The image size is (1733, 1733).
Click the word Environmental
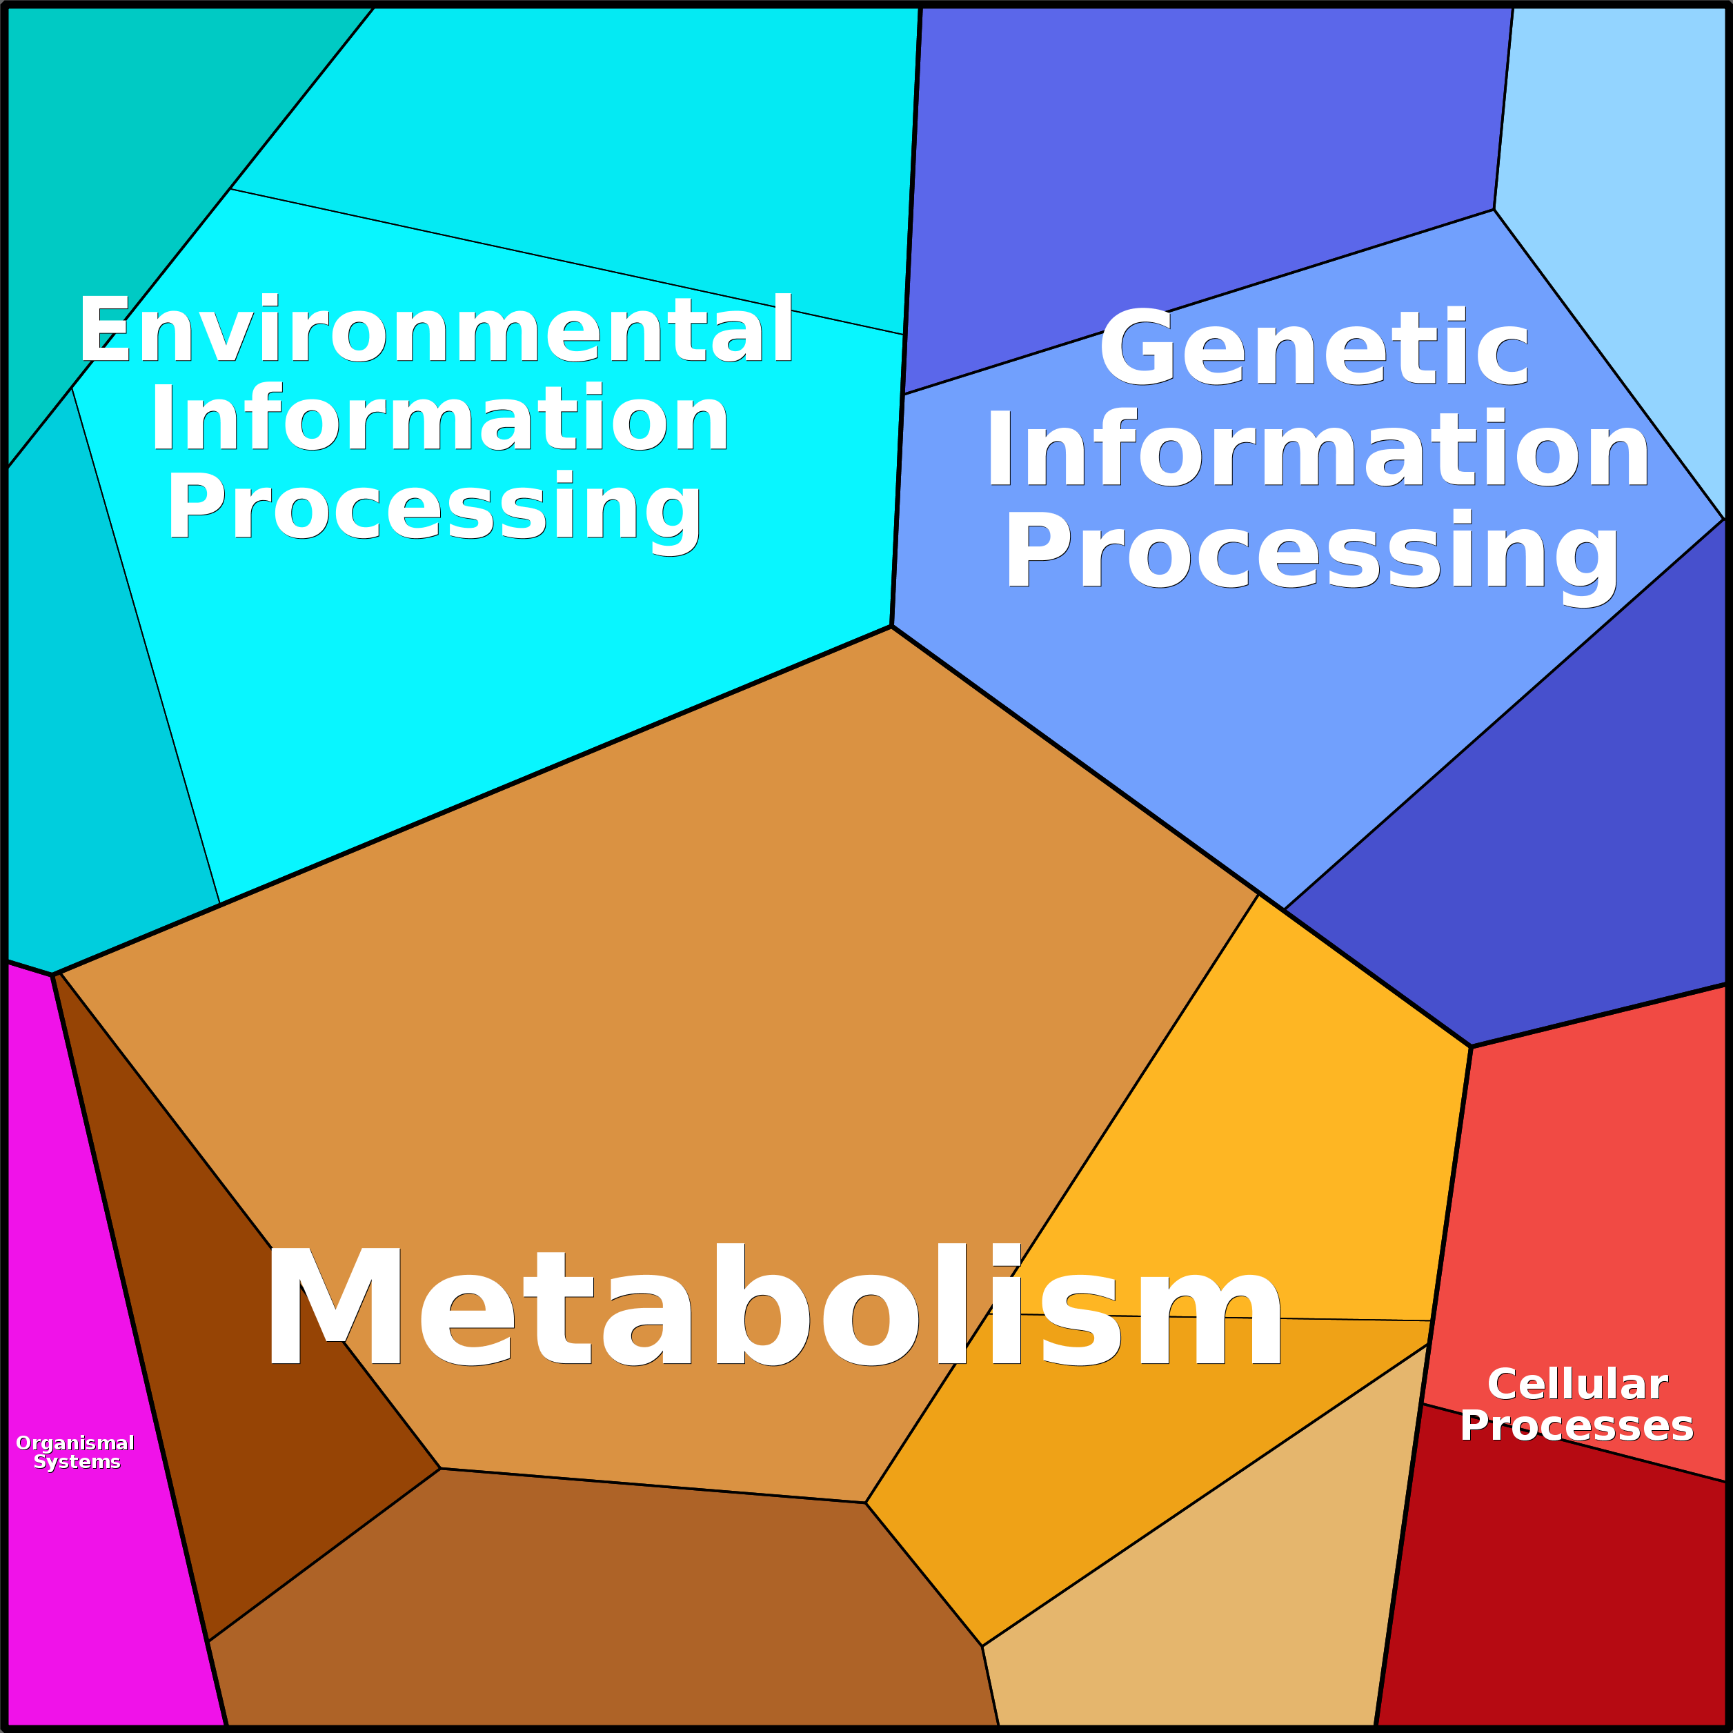pos(436,330)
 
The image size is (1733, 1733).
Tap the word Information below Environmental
pos(439,419)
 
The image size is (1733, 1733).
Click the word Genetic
pos(1314,348)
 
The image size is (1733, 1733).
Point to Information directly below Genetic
pos(1318,449)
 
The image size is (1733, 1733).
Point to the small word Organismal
pos(75,1443)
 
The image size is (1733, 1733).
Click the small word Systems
pos(77,1462)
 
